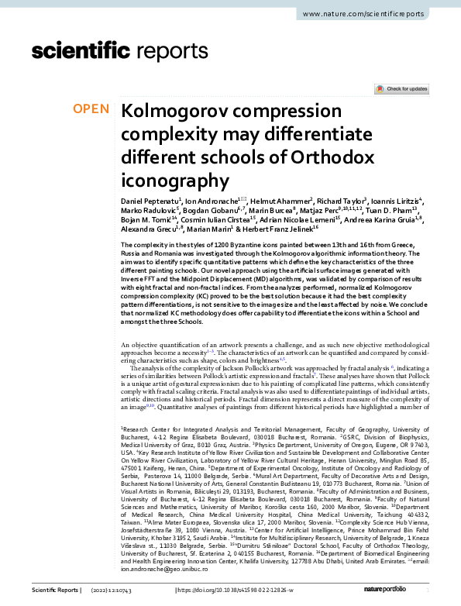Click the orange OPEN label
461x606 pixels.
(91, 108)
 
